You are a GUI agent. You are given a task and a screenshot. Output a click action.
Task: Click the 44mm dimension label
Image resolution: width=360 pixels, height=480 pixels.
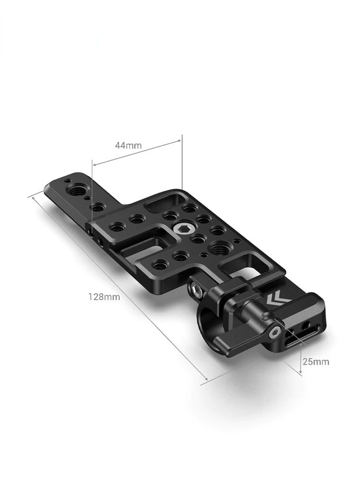(128, 145)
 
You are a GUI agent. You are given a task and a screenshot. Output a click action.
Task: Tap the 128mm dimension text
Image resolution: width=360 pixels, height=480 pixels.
(104, 297)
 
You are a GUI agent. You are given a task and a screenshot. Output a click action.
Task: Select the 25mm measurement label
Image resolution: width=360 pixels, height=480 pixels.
(316, 361)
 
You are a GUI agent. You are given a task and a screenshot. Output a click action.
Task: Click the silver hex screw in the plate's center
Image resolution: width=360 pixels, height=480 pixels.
(179, 228)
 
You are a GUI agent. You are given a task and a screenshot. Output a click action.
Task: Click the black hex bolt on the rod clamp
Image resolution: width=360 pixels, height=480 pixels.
(196, 290)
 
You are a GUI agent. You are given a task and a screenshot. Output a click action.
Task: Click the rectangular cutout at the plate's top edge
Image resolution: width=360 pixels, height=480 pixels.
(166, 203)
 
